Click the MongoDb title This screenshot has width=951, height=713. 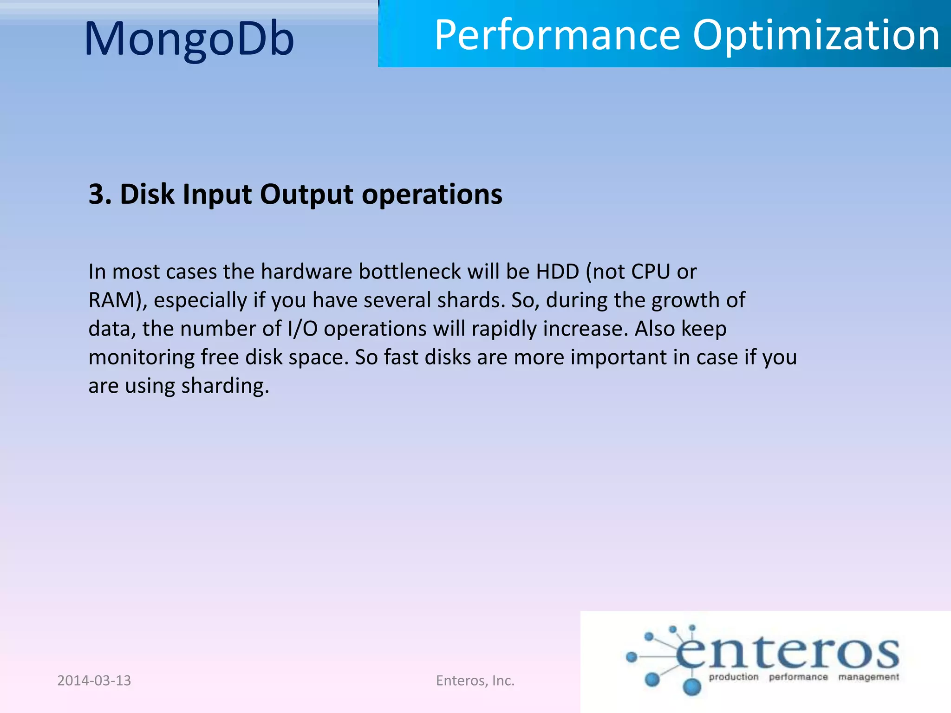click(x=189, y=39)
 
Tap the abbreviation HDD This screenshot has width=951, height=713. click(x=557, y=272)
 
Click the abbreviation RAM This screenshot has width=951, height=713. click(x=111, y=300)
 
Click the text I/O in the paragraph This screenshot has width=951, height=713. click(x=302, y=329)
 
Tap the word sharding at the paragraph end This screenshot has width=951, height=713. click(x=225, y=386)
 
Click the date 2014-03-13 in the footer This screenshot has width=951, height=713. click(x=94, y=681)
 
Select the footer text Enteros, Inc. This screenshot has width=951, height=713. click(x=475, y=681)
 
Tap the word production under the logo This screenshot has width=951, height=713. click(x=733, y=677)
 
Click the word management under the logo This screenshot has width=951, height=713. click(x=868, y=677)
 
